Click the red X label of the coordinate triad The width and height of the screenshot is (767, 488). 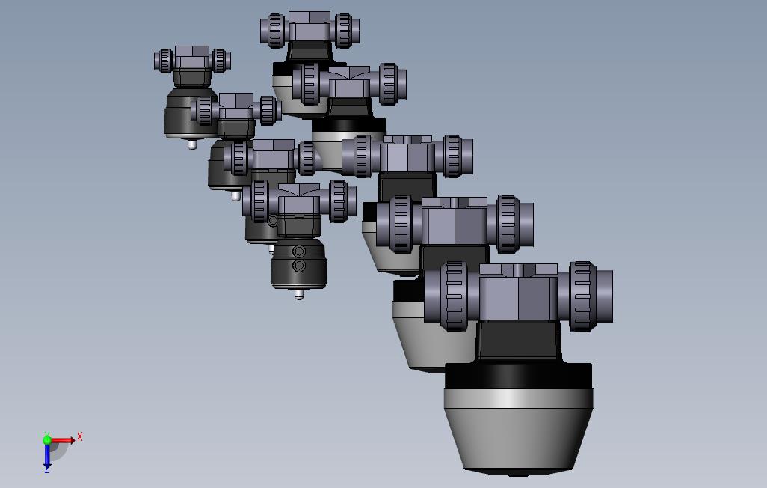[x=80, y=436]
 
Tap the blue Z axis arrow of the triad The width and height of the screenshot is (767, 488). [x=47, y=456]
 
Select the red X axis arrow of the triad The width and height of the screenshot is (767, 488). [x=63, y=440]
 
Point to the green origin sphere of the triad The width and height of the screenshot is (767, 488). [x=47, y=440]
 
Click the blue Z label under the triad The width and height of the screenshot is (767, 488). [x=47, y=469]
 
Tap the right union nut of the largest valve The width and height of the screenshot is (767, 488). [x=582, y=296]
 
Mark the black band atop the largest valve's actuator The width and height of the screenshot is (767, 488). [x=517, y=377]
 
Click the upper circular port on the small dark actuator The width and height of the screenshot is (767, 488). [x=299, y=251]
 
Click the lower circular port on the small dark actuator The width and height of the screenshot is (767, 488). [x=299, y=266]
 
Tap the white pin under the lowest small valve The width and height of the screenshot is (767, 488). [x=300, y=294]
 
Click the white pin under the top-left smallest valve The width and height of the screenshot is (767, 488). [x=192, y=144]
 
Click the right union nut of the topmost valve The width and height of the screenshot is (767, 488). [x=343, y=30]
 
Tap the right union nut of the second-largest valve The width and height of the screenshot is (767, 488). [x=507, y=224]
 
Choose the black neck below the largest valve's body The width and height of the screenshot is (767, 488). [x=519, y=343]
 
